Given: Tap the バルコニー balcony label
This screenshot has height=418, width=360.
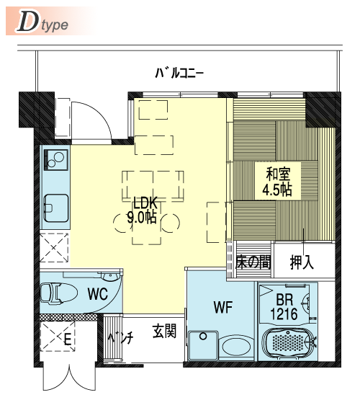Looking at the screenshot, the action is pos(179,73).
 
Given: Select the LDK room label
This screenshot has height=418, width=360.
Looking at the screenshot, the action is pos(145,203).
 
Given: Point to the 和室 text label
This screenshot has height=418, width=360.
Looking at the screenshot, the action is pos(278,174).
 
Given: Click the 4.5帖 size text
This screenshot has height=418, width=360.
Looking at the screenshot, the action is pos(277,190).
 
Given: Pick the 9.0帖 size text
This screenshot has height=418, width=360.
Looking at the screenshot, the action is pos(142,218).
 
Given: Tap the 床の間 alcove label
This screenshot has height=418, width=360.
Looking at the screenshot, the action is pos(253,262).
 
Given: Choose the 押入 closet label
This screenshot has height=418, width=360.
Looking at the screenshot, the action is pos(302,262).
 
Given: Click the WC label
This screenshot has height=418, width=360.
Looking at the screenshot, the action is pos(98,294).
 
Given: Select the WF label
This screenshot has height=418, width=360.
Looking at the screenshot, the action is pos(223,307).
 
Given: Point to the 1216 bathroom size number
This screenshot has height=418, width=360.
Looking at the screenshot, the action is pos(284,313).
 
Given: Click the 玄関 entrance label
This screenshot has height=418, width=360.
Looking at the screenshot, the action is pos(165,332).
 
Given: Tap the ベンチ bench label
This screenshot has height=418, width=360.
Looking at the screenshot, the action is pos(120,338).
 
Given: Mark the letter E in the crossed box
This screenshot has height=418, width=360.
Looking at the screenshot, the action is pos(68,339).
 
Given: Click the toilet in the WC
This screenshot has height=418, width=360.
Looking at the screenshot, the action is pos(58,293).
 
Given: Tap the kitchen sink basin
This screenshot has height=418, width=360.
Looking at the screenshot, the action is pos(56,208).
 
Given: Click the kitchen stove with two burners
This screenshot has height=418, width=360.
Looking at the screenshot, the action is pos(56,160).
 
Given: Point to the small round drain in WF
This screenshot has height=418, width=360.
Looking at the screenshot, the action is pos(203,336).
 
